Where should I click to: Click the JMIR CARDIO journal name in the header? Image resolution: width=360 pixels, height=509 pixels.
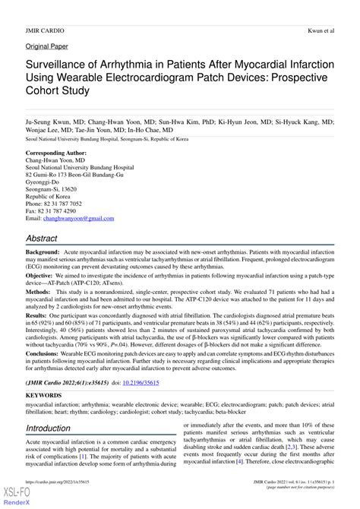(x=45, y=31)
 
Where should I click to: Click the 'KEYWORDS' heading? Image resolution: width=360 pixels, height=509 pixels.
(x=44, y=397)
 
